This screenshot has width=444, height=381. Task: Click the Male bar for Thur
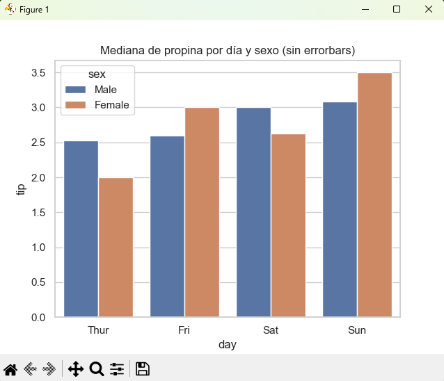click(x=81, y=229)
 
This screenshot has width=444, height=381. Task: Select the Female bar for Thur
click(x=116, y=248)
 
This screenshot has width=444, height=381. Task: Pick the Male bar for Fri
click(x=167, y=227)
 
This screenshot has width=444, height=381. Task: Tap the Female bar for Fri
click(x=202, y=213)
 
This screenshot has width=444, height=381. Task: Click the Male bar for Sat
click(x=253, y=213)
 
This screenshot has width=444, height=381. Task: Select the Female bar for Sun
click(x=374, y=195)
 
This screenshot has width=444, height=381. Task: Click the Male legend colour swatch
click(x=76, y=90)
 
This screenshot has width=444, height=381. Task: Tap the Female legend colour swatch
click(x=76, y=105)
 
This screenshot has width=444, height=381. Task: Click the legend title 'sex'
click(x=97, y=74)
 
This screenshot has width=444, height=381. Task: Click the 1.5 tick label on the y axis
click(x=38, y=213)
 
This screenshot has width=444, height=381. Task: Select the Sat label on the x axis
click(x=271, y=330)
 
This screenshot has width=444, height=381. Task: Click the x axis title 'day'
click(x=227, y=345)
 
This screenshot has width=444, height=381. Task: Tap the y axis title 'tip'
click(x=21, y=189)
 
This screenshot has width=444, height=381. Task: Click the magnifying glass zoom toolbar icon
click(x=96, y=369)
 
